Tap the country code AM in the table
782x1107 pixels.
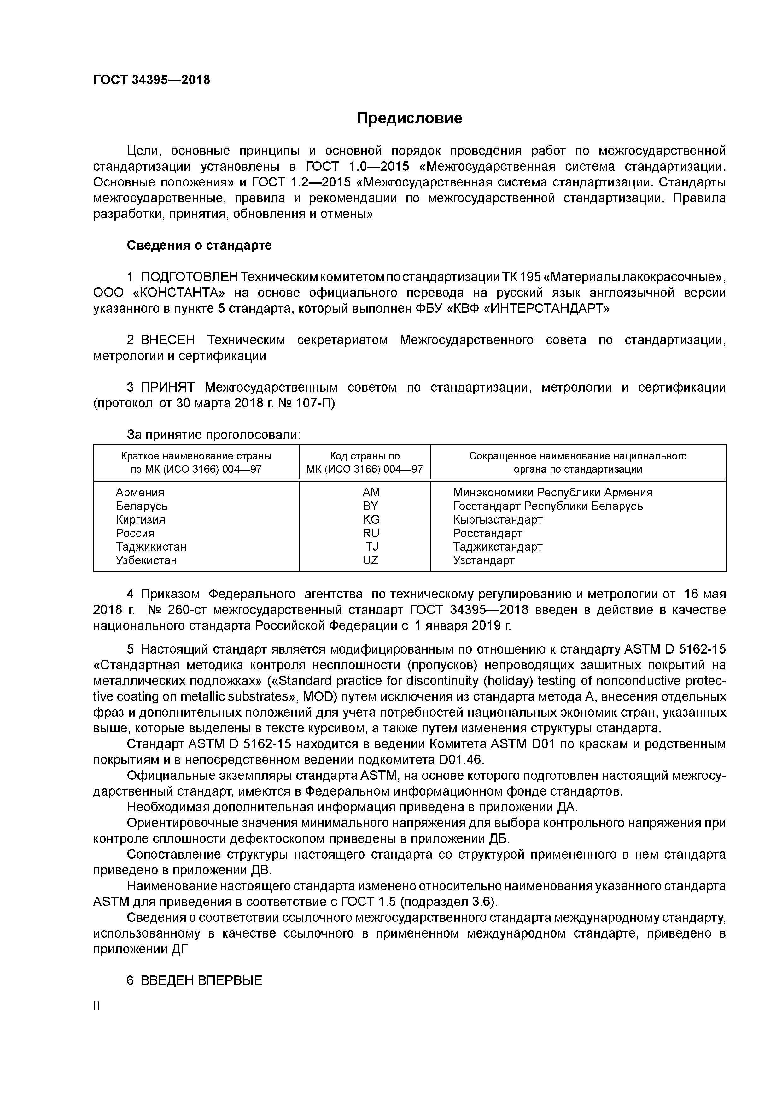[x=371, y=492]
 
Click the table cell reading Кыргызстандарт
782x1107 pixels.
[x=497, y=520]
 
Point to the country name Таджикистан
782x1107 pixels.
[x=151, y=547]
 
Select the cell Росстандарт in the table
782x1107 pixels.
[x=487, y=533]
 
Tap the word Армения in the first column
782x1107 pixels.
[x=140, y=492]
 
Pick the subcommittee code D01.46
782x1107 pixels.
[x=460, y=760]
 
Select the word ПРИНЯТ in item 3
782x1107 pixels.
[x=168, y=388]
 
